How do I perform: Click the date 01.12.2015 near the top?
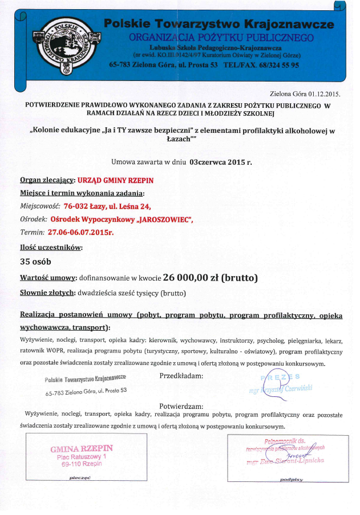323,93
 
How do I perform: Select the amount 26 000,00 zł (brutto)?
211,278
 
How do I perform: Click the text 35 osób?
35,262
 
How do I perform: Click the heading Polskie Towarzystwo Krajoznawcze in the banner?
219,24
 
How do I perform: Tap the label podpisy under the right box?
292,480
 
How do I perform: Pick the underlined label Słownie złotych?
45,293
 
